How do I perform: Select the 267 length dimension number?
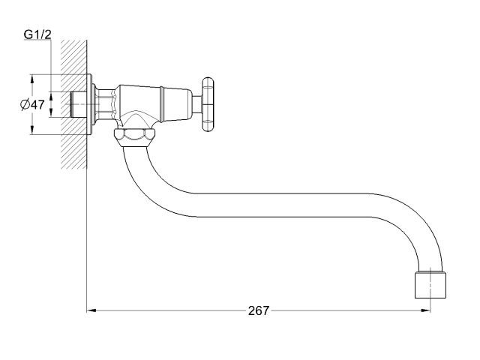[x=259, y=310]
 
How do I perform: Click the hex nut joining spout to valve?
[x=135, y=136]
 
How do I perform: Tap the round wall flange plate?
[x=91, y=104]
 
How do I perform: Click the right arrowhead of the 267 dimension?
[x=427, y=310]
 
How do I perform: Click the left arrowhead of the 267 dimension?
[x=91, y=310]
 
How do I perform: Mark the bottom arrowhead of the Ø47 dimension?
[x=31, y=131]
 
